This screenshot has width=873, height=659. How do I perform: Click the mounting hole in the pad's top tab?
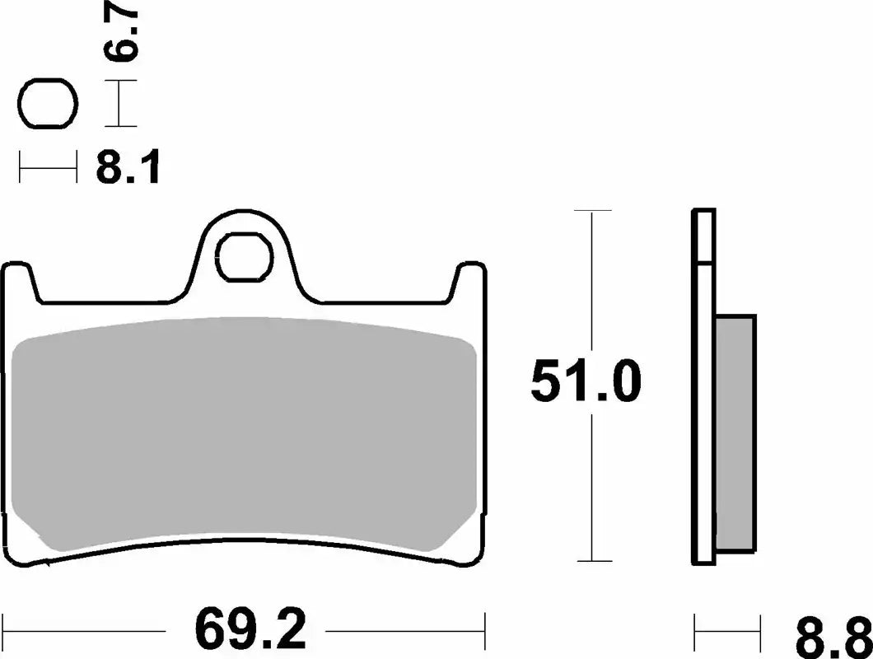(245, 257)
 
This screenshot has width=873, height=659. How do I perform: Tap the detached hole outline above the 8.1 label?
(48, 105)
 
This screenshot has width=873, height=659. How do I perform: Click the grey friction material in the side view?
(735, 432)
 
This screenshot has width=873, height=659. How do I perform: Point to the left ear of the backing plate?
(22, 281)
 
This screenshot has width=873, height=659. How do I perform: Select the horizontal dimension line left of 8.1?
(48, 170)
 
